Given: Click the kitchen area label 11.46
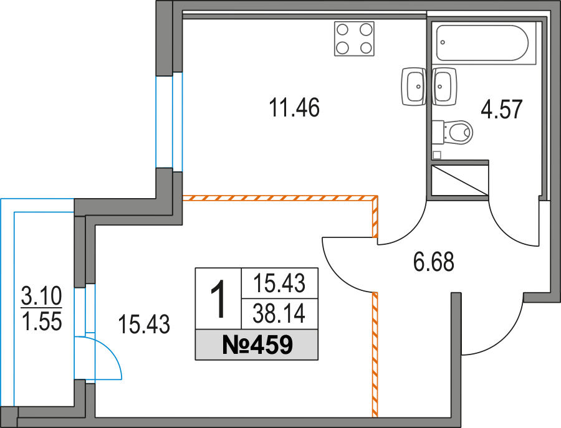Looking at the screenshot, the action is [294, 108].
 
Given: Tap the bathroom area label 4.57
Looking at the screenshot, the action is [502, 110].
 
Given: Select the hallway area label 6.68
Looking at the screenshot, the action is [434, 262].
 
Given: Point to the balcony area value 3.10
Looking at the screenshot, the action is [42, 296].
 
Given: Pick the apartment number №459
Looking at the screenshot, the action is [257, 345].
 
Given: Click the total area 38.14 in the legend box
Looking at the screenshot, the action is [279, 313].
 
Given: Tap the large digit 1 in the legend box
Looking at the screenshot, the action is [218, 298].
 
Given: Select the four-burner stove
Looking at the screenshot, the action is [354, 39].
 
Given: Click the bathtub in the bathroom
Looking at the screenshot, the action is [482, 42].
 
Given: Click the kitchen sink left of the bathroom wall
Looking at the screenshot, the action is [414, 87].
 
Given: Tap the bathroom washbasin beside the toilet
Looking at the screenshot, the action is [444, 87].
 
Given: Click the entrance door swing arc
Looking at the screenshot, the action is [505, 338].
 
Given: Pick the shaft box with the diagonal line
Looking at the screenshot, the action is [460, 180].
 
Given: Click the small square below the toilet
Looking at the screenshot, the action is [436, 155].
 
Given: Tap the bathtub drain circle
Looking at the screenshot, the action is [443, 42].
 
